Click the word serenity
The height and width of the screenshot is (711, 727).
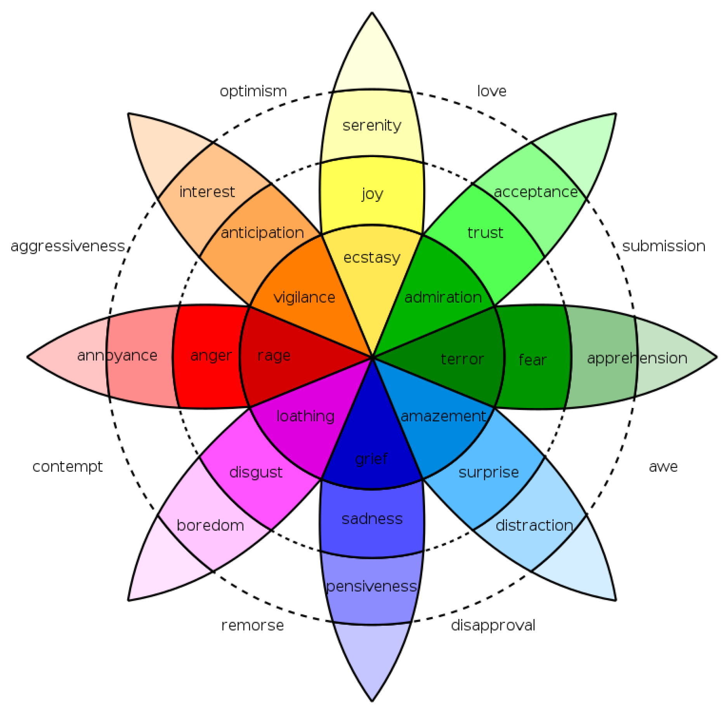pos(371,126)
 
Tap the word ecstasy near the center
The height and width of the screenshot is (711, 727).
pos(371,258)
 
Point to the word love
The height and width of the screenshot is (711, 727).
pos(491,91)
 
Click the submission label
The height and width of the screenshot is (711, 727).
pos(663,246)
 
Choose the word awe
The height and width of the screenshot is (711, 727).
pos(663,466)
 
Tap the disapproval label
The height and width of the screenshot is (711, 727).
pos(493,625)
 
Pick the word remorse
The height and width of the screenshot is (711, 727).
pos(252,625)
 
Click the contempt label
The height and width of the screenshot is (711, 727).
pos(68,467)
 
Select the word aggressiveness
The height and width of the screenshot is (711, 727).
pos(68,246)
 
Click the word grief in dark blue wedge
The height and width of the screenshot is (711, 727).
pos(371,459)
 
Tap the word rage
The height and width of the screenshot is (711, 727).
pos(274,355)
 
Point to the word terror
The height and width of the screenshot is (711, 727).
pos(462,359)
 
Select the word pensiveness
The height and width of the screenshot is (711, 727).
pos(371,586)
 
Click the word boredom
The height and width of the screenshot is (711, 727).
pos(210,525)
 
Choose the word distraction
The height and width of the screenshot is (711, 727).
pos(534,525)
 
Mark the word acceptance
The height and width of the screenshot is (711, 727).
pos(536,192)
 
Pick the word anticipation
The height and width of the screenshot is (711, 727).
pos(262,233)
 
